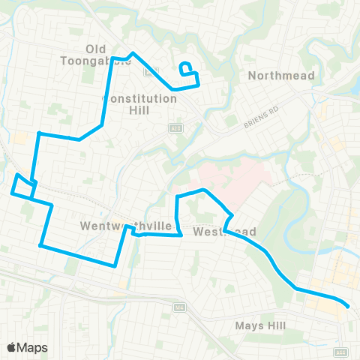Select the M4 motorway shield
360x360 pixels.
[178, 307]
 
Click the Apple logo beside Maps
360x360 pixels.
[13, 347]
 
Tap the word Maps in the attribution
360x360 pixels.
[33, 347]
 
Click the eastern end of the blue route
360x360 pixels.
[348, 306]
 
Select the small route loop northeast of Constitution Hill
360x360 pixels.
[187, 67]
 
